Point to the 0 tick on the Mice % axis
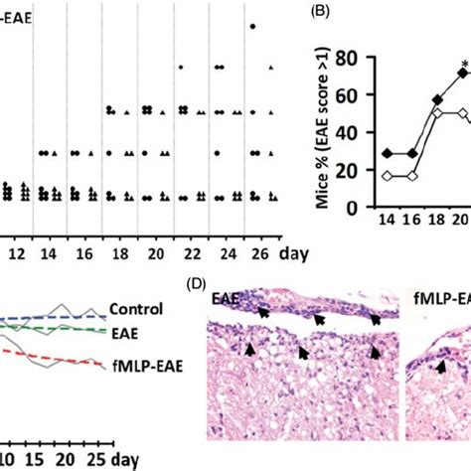point(368,208)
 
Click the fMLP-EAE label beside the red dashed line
point(141,363)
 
